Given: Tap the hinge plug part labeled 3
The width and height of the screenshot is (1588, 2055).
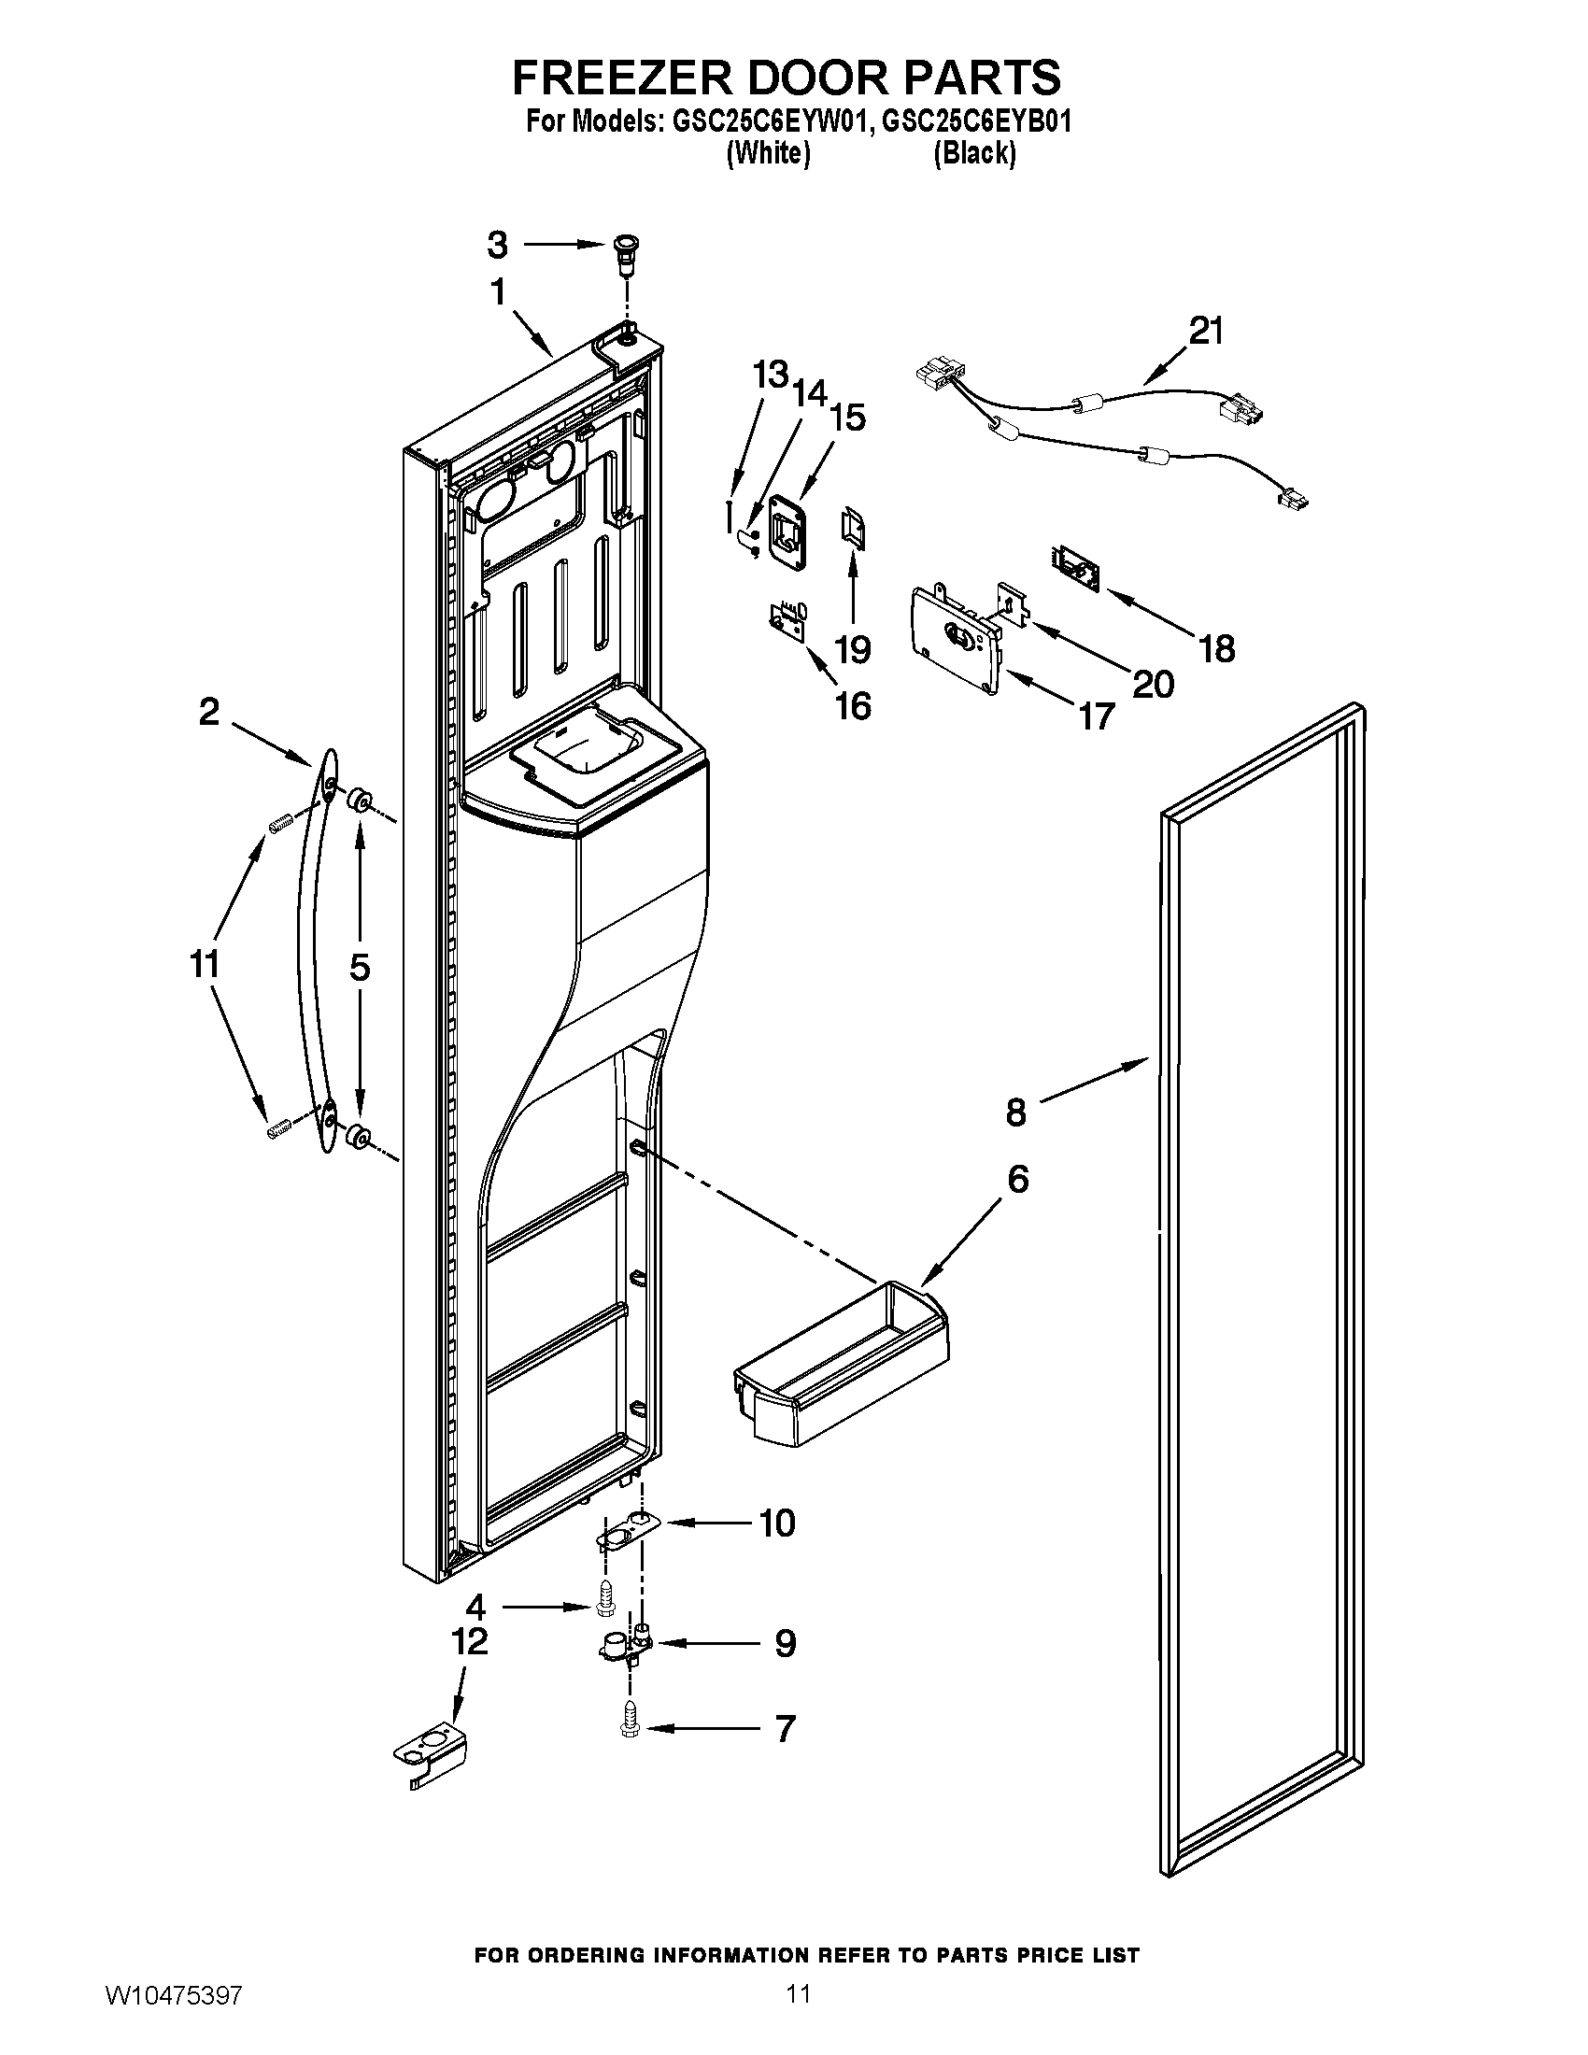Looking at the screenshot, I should [623, 252].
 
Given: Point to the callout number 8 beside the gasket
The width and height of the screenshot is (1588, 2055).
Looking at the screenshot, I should [1016, 1113].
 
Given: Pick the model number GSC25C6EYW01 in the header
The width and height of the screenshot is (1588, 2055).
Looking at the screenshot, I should [766, 122].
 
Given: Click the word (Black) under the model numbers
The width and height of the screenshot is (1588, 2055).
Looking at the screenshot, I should [973, 153].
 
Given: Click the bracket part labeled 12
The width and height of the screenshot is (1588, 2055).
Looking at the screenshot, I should [429, 1756].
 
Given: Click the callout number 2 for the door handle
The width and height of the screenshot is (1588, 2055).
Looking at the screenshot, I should [209, 712].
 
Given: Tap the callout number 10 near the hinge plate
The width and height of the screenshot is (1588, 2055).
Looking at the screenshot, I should [777, 1523].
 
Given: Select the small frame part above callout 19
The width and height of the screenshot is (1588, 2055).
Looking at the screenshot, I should [853, 528].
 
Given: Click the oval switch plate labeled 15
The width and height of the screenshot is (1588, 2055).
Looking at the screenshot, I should [788, 531].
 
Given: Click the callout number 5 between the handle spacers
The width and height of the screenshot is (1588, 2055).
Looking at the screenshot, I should [360, 967].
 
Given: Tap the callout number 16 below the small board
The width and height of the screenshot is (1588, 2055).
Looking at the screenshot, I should [853, 704].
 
